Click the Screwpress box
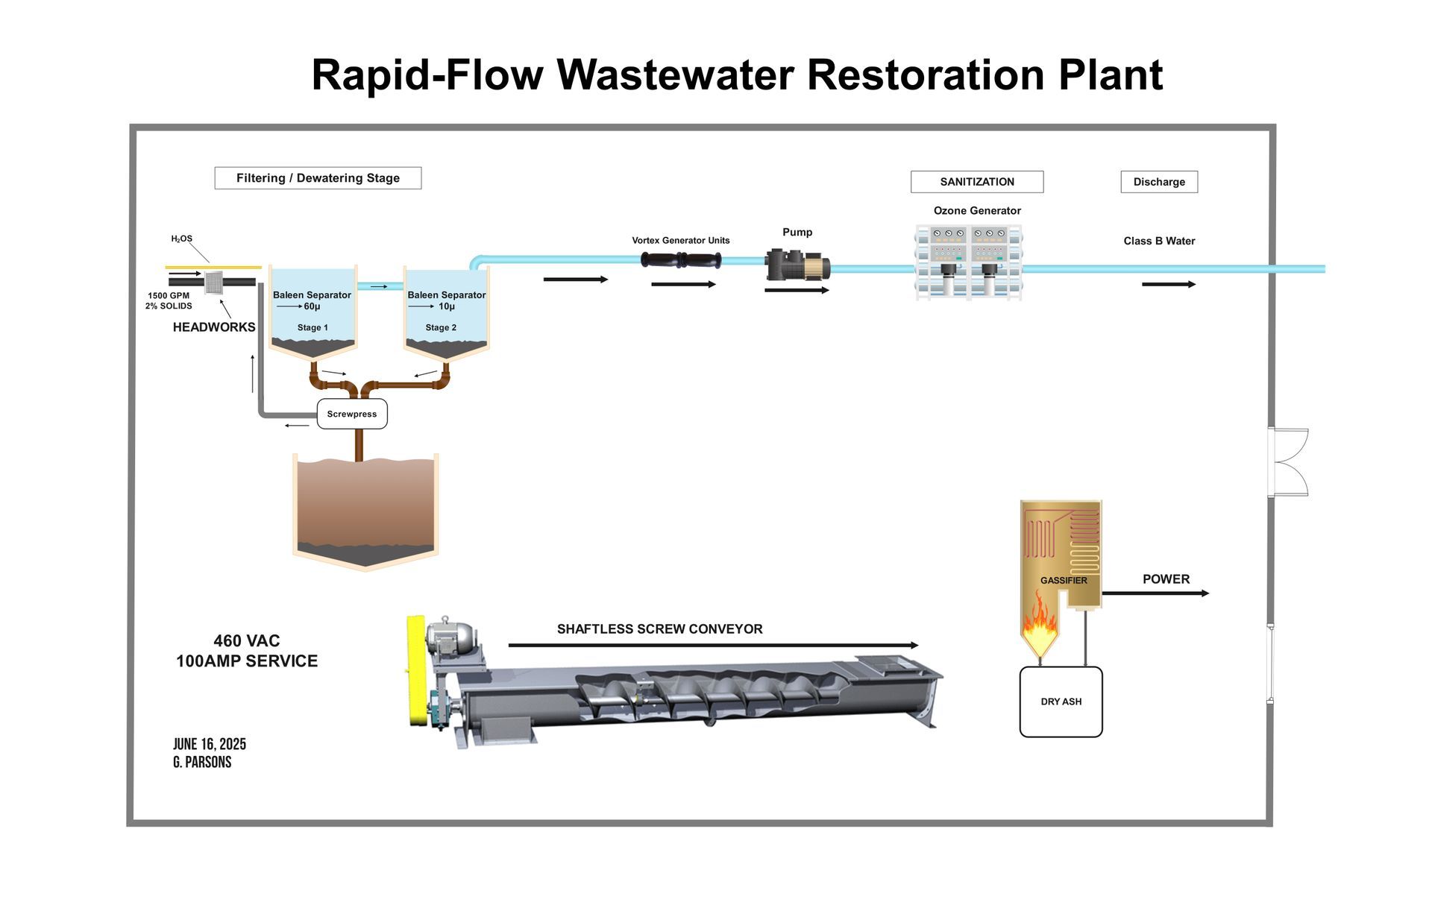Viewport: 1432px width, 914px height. click(x=352, y=414)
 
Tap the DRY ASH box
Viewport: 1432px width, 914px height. click(x=1061, y=702)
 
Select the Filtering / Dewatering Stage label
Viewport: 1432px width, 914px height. click(x=318, y=178)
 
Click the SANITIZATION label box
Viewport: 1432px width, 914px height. click(x=977, y=182)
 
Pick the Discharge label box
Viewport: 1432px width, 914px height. click(x=1159, y=182)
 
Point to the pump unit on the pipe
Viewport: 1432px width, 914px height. click(x=797, y=265)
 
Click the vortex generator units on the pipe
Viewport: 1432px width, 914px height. click(x=681, y=261)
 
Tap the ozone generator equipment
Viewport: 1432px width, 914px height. click(x=969, y=263)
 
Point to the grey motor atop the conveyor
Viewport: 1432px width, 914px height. click(x=453, y=638)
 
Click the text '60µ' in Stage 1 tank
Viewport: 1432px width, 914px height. click(x=312, y=306)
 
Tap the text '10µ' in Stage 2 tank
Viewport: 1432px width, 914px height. click(x=447, y=306)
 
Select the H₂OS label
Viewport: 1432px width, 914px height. click(x=182, y=239)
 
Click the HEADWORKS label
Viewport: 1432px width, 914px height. click(x=214, y=327)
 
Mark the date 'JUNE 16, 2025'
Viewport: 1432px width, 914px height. click(x=210, y=744)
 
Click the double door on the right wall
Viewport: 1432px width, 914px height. click(x=1290, y=462)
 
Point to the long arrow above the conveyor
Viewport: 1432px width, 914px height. click(x=713, y=645)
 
